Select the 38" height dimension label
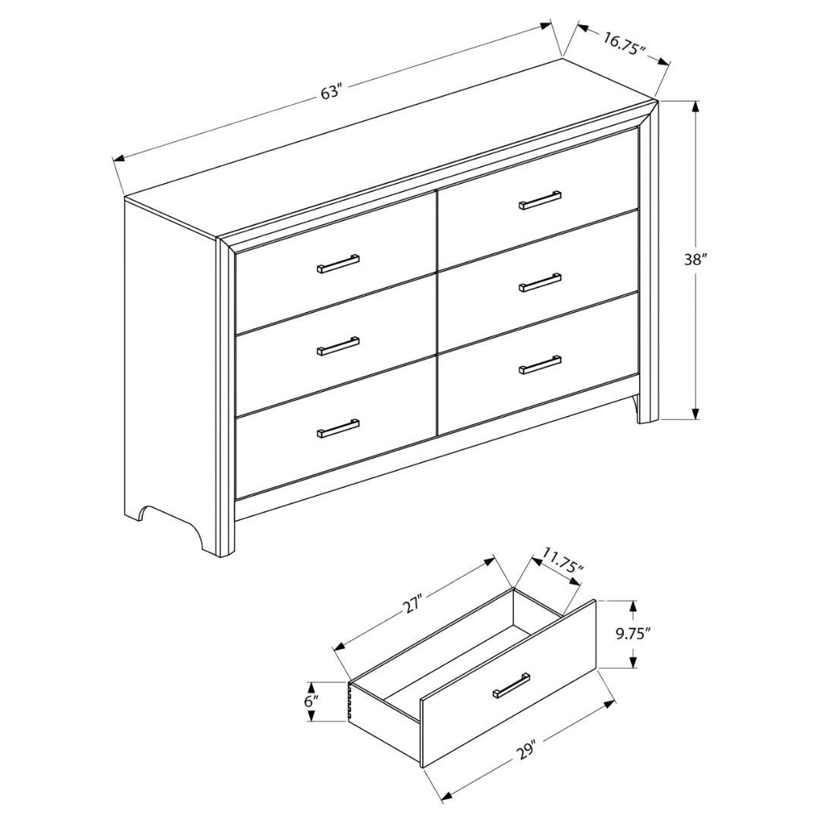click(695, 259)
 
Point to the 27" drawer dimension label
click(412, 605)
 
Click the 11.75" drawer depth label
click(563, 563)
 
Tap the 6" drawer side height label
click(311, 701)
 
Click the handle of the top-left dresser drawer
click(339, 263)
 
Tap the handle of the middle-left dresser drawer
click(339, 346)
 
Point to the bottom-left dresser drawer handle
click(339, 428)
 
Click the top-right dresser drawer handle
click(541, 200)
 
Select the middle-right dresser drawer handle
click(541, 282)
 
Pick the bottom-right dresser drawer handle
click(541, 364)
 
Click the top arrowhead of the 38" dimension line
click(695, 106)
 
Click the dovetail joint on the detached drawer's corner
click(352, 702)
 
